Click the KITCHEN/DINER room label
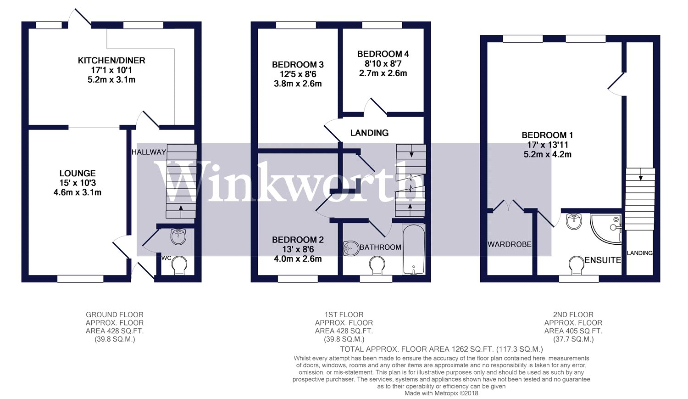(x=111, y=61)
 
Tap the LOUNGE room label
(x=78, y=173)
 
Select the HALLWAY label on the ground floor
(x=148, y=152)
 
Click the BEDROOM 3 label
(x=298, y=65)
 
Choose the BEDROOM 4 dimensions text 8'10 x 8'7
(x=383, y=63)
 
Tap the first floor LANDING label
(x=369, y=133)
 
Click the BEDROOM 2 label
(x=298, y=240)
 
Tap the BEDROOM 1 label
(x=547, y=135)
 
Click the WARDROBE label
(x=509, y=244)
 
